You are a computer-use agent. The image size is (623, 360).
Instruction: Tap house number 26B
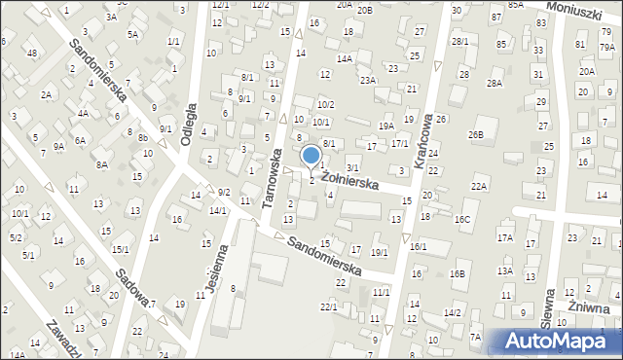pyautogui.click(x=476, y=133)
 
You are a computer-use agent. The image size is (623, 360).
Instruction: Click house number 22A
pyautogui.click(x=478, y=186)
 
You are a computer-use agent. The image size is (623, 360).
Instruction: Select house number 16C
pyautogui.click(x=462, y=220)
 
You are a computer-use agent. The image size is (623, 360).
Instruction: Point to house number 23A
pyautogui.click(x=367, y=81)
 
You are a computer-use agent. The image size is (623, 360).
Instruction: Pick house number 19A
pyautogui.click(x=385, y=126)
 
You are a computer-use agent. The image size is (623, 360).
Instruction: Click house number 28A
pyautogui.click(x=495, y=84)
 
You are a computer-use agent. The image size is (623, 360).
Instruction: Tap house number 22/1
pyautogui.click(x=329, y=307)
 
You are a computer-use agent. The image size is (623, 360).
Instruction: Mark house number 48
pyautogui.click(x=32, y=52)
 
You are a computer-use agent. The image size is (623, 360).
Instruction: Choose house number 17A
pyautogui.click(x=504, y=237)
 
